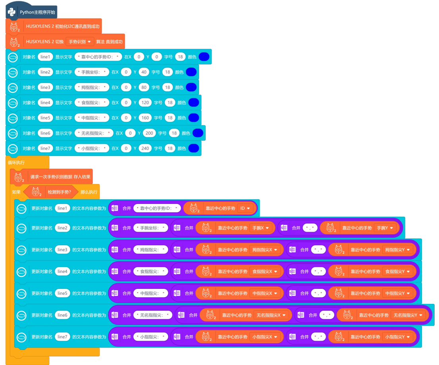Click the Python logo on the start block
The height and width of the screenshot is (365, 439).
12,12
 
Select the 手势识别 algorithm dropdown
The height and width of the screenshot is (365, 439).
79,41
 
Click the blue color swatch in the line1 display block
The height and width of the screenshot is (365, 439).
204,57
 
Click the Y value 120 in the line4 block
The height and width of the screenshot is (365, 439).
145,102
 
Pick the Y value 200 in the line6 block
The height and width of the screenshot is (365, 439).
150,133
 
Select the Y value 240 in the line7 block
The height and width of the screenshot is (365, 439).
145,148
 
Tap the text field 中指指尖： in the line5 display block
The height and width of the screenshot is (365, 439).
92,118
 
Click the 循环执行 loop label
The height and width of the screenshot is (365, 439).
16,162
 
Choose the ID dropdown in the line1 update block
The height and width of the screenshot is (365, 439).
245,208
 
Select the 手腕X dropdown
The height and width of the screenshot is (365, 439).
262,228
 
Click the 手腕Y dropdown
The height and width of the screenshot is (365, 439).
386,228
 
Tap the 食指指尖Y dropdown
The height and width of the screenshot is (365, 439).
399,271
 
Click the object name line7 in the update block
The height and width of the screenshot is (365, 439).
63,337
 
